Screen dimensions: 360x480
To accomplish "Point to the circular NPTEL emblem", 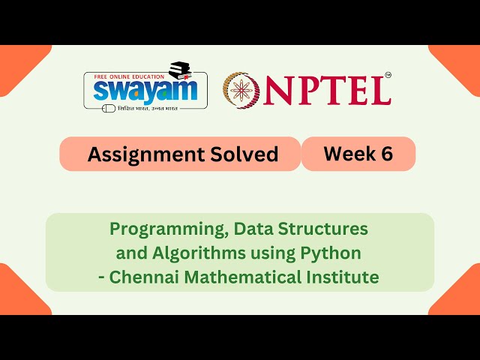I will [x=241, y=89].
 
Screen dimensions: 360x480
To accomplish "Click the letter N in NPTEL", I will [x=278, y=91].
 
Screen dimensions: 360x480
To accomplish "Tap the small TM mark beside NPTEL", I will [x=388, y=76].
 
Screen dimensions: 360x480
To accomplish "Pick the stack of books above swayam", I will [x=182, y=72].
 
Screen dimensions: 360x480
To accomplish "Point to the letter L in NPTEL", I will [x=380, y=91].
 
